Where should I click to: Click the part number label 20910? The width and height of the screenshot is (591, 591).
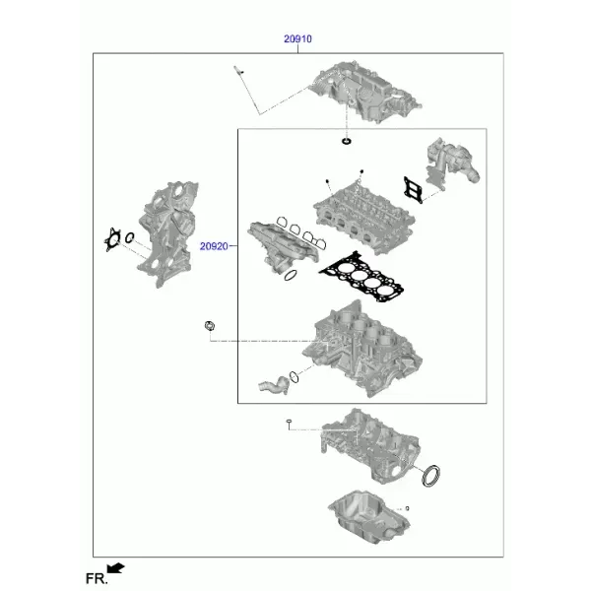[297, 38]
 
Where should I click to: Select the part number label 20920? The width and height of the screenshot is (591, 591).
[214, 246]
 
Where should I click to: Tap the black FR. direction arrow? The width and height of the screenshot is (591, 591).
[115, 568]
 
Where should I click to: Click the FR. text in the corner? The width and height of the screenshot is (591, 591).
[97, 578]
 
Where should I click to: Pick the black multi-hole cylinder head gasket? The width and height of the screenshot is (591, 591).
[361, 277]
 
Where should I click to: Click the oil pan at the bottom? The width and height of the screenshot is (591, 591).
[368, 516]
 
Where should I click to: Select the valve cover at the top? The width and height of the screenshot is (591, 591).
[364, 92]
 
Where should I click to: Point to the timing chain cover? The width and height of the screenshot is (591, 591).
[168, 233]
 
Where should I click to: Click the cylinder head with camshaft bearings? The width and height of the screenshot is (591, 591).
[364, 216]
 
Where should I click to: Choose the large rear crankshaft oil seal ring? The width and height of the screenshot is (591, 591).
[430, 476]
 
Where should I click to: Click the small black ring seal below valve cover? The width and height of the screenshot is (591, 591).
[346, 141]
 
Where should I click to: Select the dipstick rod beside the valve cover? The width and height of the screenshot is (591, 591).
[247, 90]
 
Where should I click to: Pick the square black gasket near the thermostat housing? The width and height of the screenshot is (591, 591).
[413, 190]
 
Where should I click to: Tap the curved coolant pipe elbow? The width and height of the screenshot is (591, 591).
[274, 385]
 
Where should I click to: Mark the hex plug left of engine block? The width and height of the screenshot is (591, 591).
[210, 326]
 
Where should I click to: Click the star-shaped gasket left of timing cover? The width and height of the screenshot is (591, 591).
[112, 239]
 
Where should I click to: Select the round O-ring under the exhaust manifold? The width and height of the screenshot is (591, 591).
[291, 276]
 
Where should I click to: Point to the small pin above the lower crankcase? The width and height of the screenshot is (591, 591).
[289, 424]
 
